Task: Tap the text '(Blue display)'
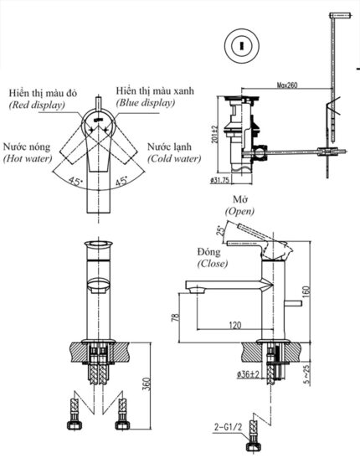(x=146, y=103)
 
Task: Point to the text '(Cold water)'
(x=173, y=157)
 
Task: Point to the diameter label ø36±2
(x=251, y=373)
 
